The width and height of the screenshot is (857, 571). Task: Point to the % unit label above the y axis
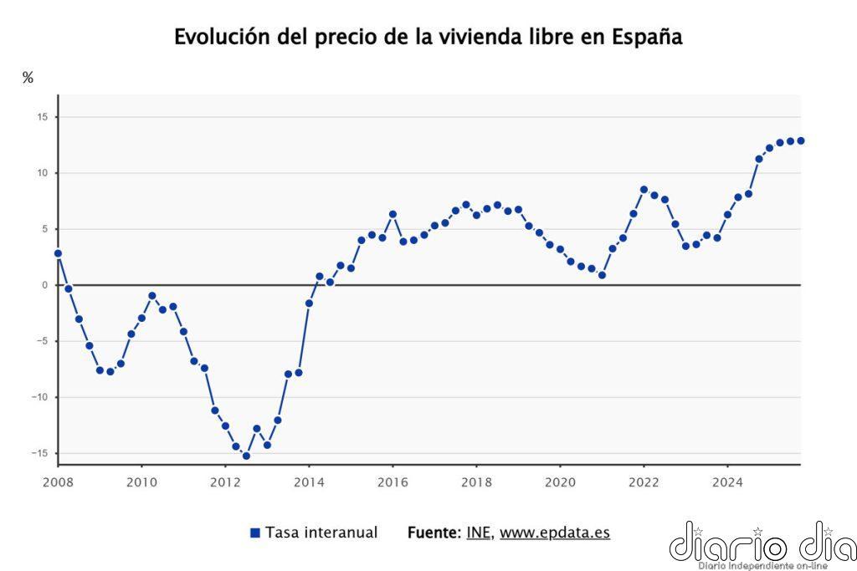28,78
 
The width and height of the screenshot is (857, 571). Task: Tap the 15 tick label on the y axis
41,117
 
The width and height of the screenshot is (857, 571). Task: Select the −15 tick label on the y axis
38,453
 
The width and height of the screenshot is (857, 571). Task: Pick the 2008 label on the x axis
58,482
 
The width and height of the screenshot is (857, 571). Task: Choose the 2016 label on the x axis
393,482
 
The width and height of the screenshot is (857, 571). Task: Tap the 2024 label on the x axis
727,482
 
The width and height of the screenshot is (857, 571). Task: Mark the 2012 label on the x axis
225,482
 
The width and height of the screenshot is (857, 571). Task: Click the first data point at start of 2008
58,253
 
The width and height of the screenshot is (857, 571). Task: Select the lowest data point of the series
246,456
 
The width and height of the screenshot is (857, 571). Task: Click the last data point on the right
801,140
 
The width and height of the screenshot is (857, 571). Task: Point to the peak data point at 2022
644,190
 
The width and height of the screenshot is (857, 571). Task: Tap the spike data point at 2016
393,214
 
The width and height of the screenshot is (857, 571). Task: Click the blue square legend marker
255,533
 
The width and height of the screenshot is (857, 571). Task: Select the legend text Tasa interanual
321,533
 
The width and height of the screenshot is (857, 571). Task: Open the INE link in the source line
478,533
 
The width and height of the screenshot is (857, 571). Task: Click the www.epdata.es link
555,533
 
